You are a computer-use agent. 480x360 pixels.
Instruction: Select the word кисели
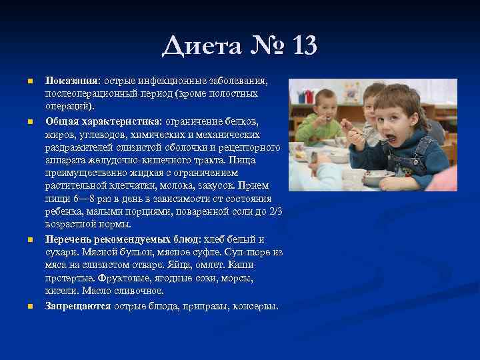[61, 291]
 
